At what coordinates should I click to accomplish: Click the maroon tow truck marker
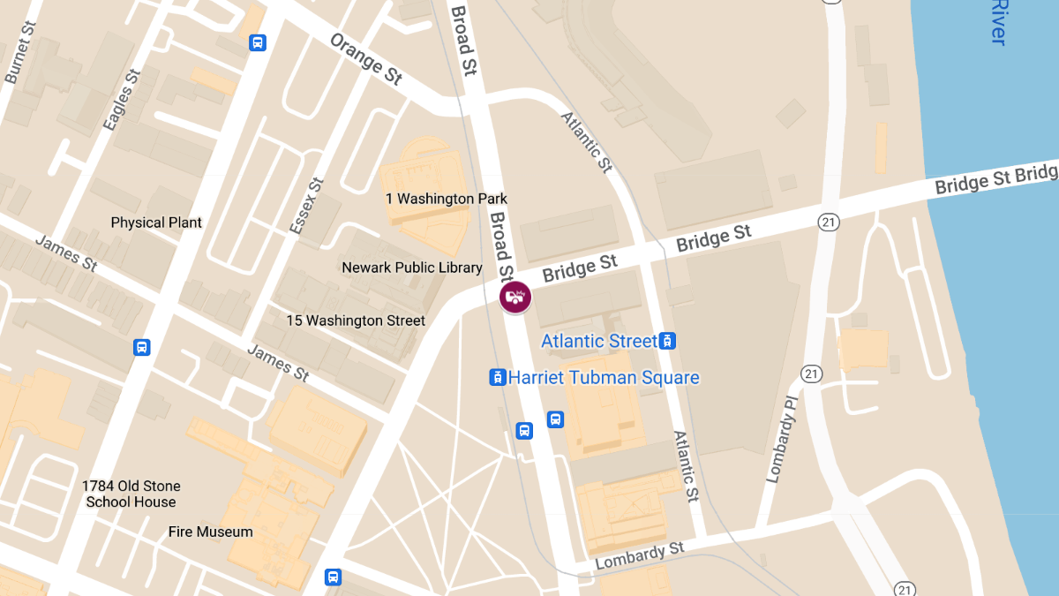pyautogui.click(x=514, y=297)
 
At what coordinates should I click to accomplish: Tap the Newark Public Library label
pyautogui.click(x=412, y=267)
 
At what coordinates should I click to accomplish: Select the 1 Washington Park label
pyautogui.click(x=447, y=199)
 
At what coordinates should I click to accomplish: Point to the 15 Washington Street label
pyautogui.click(x=356, y=321)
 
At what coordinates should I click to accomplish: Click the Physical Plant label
pyautogui.click(x=156, y=223)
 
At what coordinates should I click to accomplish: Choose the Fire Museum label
pyautogui.click(x=211, y=532)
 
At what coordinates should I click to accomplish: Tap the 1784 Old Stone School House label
pyautogui.click(x=131, y=494)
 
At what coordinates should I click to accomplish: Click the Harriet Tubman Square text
pyautogui.click(x=604, y=378)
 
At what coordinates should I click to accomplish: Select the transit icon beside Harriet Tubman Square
pyautogui.click(x=498, y=378)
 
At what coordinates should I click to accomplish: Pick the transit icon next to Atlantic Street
pyautogui.click(x=668, y=341)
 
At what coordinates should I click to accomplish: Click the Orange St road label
pyautogui.click(x=366, y=59)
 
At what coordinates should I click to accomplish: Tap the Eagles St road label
pyautogui.click(x=122, y=100)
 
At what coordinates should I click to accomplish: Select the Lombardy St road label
pyautogui.click(x=640, y=556)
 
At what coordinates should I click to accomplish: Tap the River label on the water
pyautogui.click(x=998, y=22)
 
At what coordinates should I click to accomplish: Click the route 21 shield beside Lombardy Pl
pyautogui.click(x=812, y=373)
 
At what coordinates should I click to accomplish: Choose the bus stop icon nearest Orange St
pyautogui.click(x=258, y=41)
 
